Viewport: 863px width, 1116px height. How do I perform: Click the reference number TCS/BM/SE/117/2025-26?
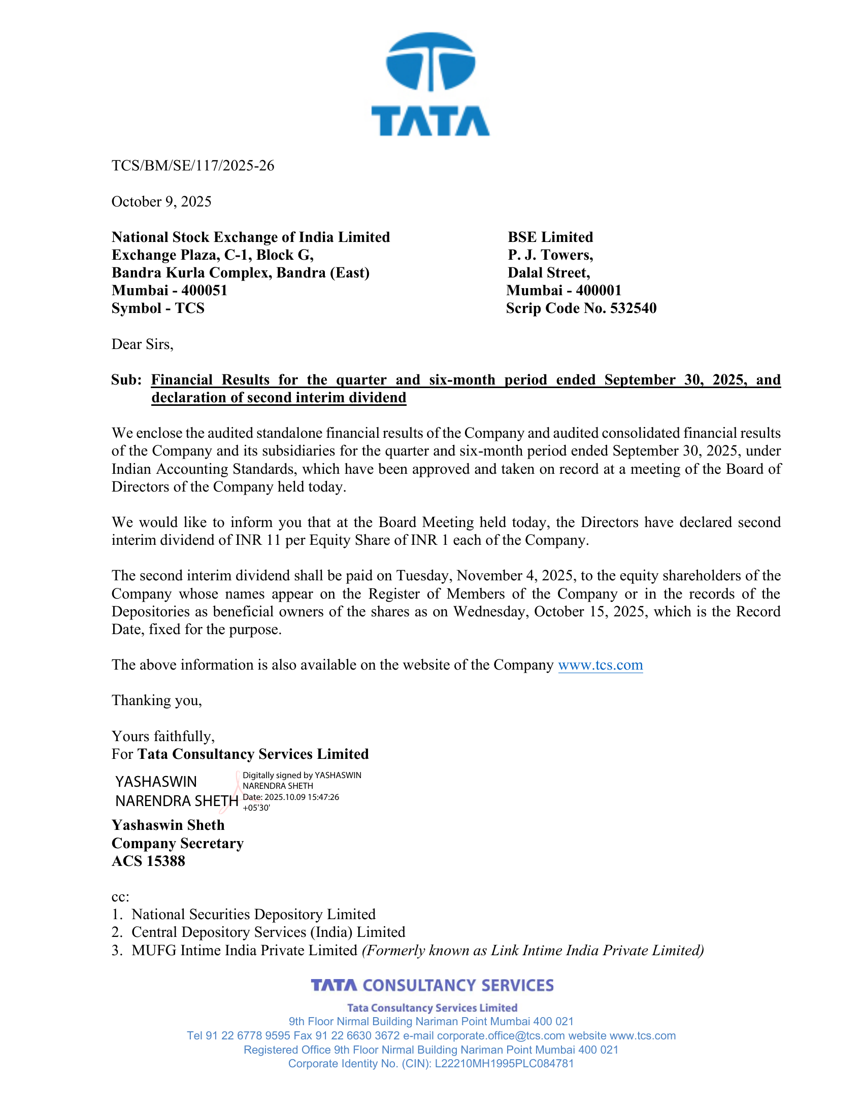click(193, 165)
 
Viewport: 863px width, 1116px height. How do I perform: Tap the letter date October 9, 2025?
click(161, 201)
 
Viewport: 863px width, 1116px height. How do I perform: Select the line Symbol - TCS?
click(157, 308)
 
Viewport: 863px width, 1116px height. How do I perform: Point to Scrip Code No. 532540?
click(581, 308)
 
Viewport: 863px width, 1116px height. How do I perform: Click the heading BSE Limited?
click(550, 237)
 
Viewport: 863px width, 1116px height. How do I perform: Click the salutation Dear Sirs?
click(142, 344)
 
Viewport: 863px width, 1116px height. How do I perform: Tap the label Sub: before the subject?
click(126, 379)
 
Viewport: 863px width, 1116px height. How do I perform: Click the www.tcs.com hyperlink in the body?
click(600, 665)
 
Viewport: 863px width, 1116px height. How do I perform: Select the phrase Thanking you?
click(156, 700)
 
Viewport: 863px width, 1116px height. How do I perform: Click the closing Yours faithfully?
click(163, 736)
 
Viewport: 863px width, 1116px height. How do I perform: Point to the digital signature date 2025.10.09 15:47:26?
click(302, 797)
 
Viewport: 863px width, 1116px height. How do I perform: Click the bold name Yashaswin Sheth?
click(168, 825)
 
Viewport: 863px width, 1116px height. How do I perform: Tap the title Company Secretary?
click(177, 843)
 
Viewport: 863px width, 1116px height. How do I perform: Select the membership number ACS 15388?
click(148, 861)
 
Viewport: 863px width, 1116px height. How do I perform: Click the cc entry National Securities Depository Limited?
click(253, 914)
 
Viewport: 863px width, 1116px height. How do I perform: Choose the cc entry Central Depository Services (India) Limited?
click(268, 932)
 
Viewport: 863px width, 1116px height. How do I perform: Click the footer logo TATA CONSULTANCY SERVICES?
click(432, 985)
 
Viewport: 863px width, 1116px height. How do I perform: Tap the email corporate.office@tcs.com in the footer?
click(501, 1036)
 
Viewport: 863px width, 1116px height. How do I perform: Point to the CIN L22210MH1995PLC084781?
click(504, 1063)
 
